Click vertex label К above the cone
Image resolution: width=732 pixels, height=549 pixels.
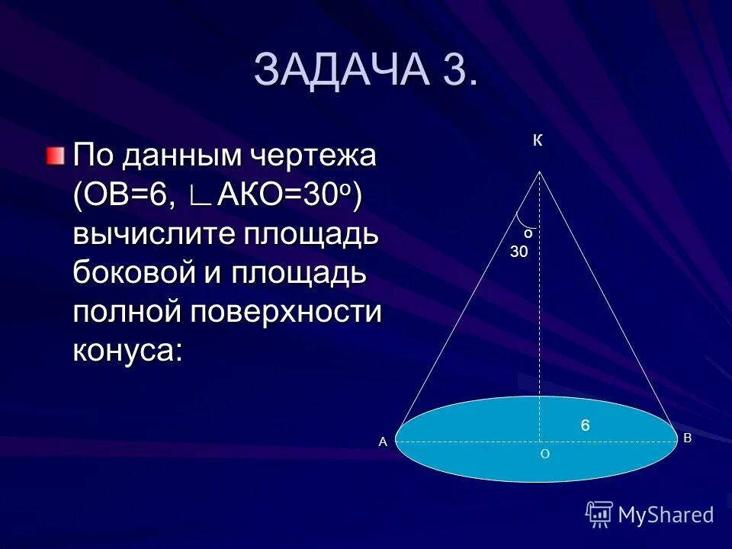coord(538,141)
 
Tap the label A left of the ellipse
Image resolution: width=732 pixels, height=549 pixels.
coord(384,441)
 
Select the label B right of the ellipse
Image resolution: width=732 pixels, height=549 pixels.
coord(687,438)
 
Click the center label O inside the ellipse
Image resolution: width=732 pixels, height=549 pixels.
coord(544,454)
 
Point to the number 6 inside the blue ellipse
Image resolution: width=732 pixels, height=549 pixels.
coord(586,425)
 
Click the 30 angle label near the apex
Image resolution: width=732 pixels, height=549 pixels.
coord(519,251)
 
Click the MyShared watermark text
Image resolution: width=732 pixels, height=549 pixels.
coord(666,515)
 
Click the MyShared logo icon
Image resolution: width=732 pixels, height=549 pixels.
coord(599,515)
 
